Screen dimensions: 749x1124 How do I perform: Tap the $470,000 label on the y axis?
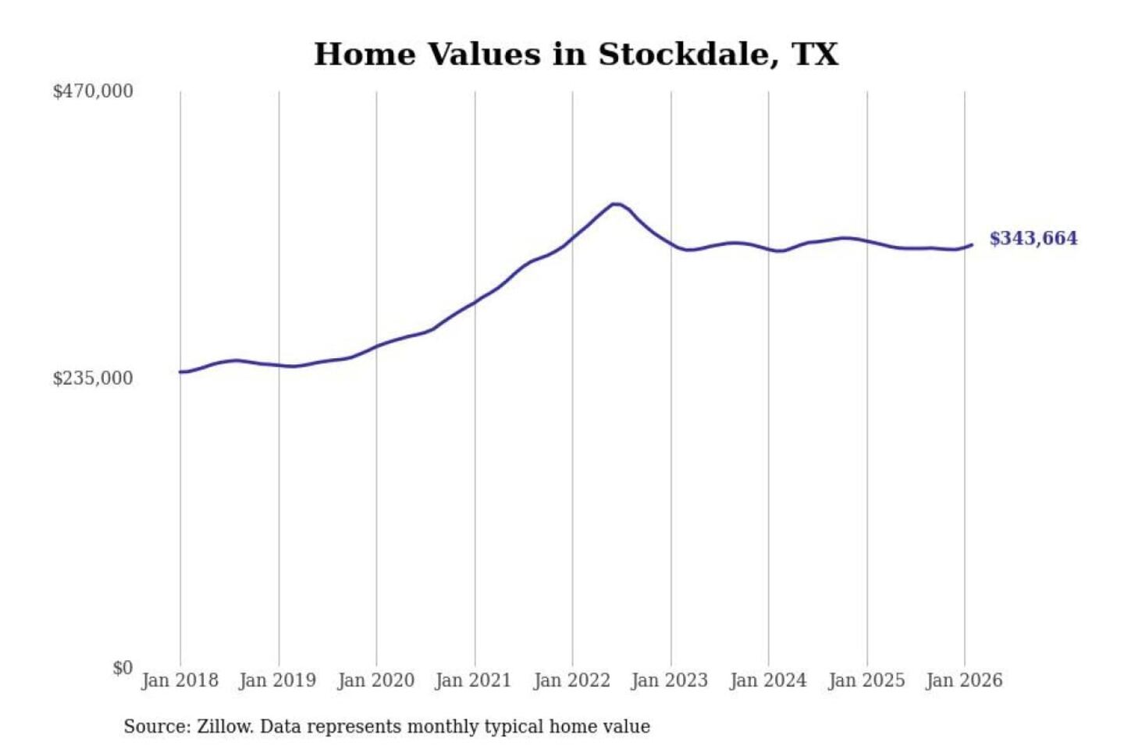coord(93,91)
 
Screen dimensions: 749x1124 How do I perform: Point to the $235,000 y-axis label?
coord(93,378)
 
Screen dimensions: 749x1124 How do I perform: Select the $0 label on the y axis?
coord(123,668)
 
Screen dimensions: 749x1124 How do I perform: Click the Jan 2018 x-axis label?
coord(180,680)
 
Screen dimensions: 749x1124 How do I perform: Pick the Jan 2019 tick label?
coord(278,680)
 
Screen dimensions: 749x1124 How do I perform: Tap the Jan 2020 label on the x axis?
coord(375,680)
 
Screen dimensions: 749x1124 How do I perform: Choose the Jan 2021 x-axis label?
coord(473,680)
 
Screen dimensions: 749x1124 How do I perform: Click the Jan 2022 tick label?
coord(571,680)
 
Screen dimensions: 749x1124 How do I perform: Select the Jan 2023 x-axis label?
coord(669,680)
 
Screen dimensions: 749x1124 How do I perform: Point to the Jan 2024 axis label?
coord(767,680)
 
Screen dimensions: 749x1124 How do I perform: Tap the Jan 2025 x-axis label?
coord(866,680)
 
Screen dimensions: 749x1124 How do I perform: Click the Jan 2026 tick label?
coord(963,680)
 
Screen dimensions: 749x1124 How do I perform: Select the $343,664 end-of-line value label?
coord(1033,239)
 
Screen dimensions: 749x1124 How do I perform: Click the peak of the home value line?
coord(616,204)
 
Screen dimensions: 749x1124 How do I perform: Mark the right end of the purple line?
coord(972,245)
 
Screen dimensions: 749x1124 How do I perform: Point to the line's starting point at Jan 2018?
coord(181,372)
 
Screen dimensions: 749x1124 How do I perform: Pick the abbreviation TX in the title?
coord(815,55)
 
